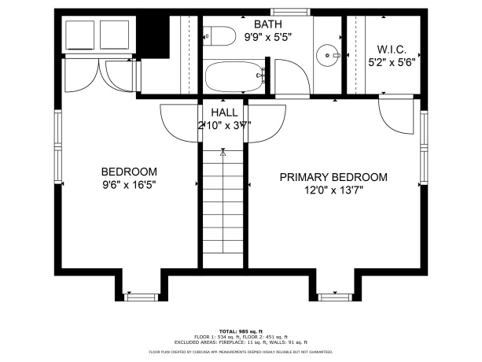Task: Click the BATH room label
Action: [x=241, y=24]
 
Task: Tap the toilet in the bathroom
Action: [x=220, y=36]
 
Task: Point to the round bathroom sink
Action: [x=328, y=55]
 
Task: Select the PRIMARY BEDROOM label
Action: [x=333, y=177]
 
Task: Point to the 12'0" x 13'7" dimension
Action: [x=333, y=191]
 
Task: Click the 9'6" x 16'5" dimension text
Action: [x=128, y=187]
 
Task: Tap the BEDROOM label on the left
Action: [x=128, y=172]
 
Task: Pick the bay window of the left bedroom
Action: [x=142, y=297]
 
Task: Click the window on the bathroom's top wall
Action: [x=299, y=12]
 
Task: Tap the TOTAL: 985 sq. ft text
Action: [x=241, y=331]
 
